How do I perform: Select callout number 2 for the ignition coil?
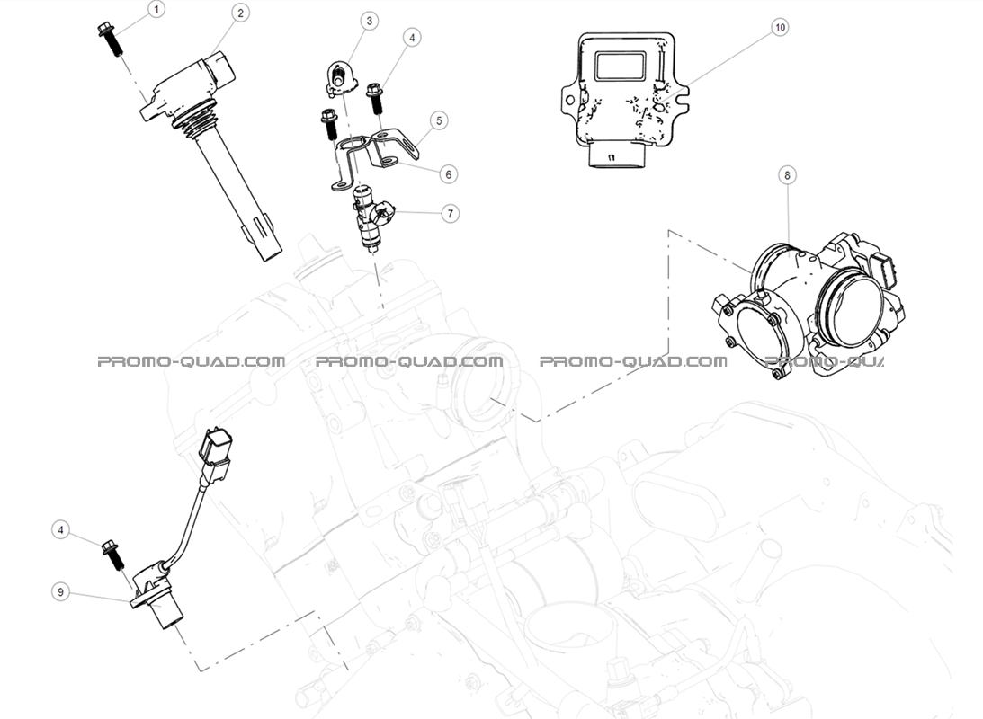tap(240, 13)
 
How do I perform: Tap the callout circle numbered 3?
tap(369, 20)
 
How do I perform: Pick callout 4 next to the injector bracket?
tap(413, 38)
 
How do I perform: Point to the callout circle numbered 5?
tap(438, 120)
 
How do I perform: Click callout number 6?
tap(447, 173)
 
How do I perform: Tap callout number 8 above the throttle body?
tap(788, 176)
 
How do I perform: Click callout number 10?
tap(780, 28)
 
